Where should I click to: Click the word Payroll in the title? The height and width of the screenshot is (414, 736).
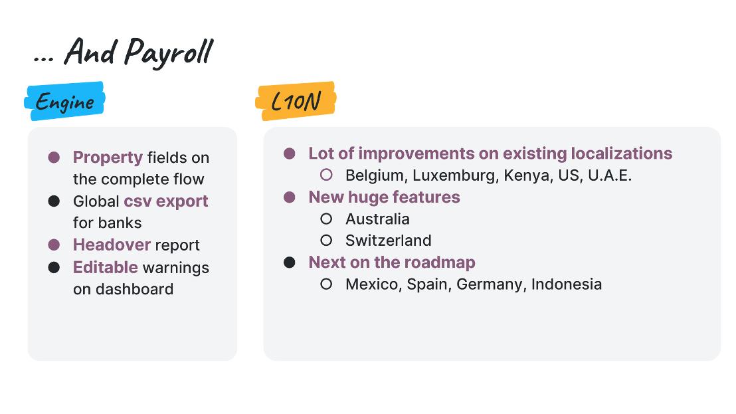[169, 52]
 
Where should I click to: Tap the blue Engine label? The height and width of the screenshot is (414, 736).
[65, 101]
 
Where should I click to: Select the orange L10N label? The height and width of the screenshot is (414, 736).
[296, 101]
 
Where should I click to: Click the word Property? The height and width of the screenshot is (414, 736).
[108, 157]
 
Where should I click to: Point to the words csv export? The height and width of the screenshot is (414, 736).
[165, 201]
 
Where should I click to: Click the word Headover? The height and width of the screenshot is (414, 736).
[112, 245]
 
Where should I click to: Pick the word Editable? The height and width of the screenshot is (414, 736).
[105, 267]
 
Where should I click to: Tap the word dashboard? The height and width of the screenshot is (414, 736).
[134, 288]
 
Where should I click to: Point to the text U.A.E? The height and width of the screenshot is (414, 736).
[610, 175]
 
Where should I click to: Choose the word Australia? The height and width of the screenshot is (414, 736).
[377, 219]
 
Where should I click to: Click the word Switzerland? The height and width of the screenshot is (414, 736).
[388, 241]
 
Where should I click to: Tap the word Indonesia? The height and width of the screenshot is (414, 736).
[567, 284]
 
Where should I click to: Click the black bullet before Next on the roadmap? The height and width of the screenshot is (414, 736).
[290, 262]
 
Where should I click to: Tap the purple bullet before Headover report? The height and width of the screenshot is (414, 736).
[54, 245]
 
